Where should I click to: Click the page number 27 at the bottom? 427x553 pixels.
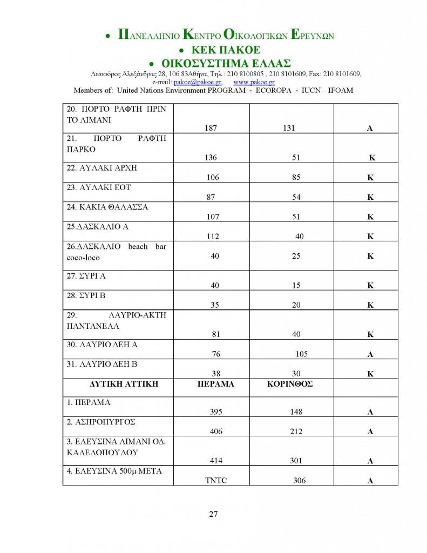(213, 514)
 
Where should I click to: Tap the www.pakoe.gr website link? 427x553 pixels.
(254, 82)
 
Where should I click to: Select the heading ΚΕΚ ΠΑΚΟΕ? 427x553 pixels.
(219, 49)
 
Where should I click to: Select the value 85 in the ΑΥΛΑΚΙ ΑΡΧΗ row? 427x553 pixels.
(296, 177)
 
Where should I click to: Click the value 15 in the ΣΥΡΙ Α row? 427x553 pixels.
(296, 285)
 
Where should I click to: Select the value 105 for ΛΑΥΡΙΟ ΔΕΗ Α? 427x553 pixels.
(301, 354)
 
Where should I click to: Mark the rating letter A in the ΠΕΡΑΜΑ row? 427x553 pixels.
(370, 412)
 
